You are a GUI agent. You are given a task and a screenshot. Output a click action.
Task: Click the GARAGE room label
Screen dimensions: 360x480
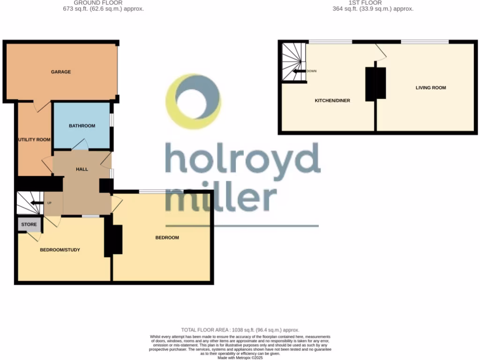(61, 72)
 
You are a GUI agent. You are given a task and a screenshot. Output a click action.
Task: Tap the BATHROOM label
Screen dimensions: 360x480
(82, 126)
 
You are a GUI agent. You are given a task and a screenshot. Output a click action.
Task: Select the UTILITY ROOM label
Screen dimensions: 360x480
(34, 140)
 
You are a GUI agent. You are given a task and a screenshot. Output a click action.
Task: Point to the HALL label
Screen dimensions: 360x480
(82, 169)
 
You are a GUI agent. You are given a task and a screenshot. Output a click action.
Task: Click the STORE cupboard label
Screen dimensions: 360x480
(29, 225)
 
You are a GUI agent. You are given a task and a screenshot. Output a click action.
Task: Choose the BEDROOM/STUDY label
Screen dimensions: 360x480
(60, 250)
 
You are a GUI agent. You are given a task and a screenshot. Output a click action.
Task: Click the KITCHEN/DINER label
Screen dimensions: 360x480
(332, 100)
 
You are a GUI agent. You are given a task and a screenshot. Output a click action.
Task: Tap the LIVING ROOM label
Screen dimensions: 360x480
(430, 88)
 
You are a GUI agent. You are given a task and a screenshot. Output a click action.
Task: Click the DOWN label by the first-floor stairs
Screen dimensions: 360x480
(312, 71)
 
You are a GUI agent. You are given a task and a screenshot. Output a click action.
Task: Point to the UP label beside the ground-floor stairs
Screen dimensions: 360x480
(49, 203)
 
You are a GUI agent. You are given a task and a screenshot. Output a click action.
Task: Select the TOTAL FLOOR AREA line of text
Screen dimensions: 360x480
(240, 330)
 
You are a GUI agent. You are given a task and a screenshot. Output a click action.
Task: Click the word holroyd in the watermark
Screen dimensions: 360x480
(242, 158)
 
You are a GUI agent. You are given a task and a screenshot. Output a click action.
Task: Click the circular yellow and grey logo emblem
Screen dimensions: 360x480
(194, 101)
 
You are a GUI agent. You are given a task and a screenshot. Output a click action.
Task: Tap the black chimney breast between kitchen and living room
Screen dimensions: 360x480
(375, 83)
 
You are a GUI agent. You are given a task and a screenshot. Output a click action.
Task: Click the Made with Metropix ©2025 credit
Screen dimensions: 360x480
(240, 358)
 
